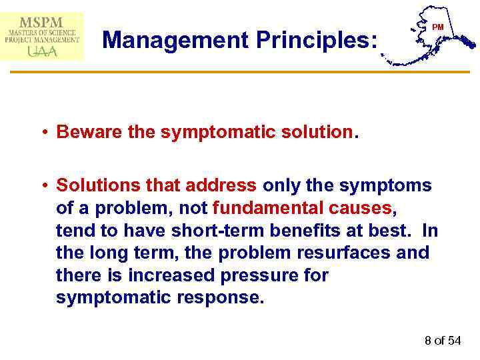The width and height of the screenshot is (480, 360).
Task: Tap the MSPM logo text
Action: click(x=42, y=21)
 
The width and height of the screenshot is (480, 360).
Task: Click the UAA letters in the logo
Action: click(x=41, y=50)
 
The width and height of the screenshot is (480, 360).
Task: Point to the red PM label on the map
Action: click(x=437, y=27)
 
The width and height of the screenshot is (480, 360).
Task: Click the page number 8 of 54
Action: click(x=442, y=341)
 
